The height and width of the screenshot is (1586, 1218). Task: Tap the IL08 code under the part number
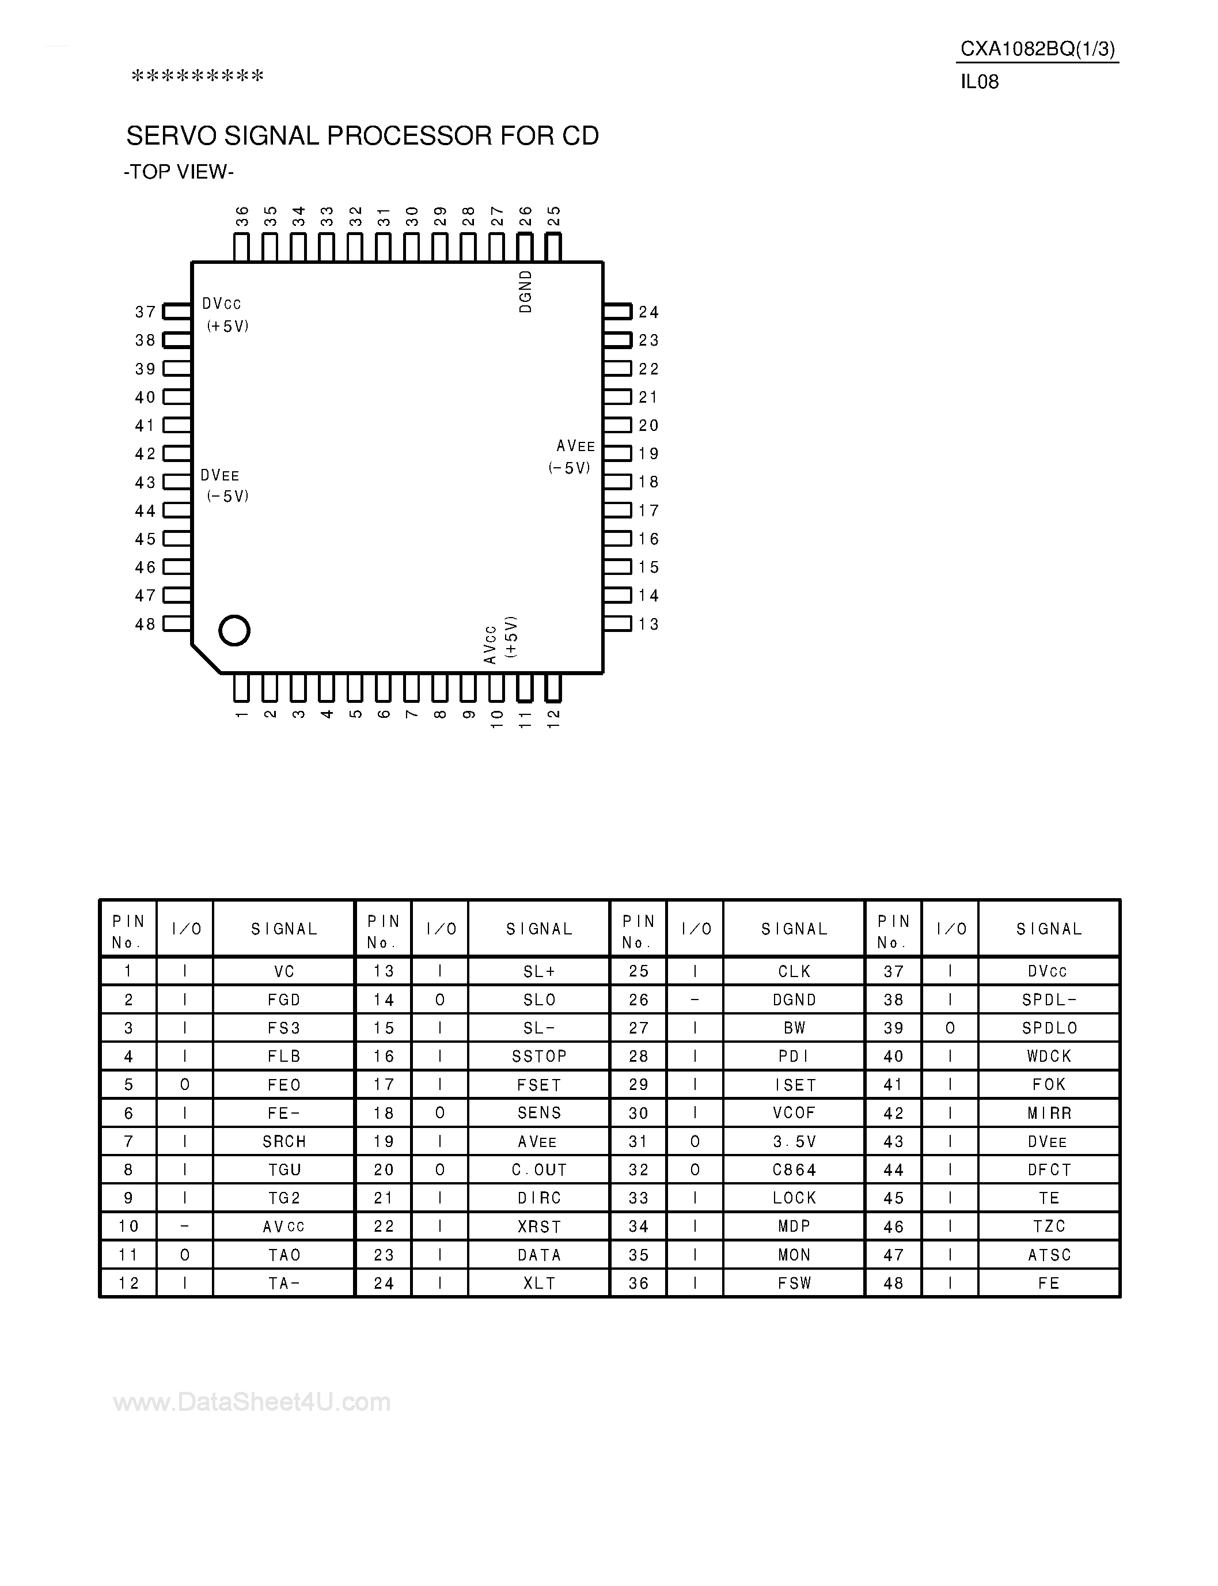point(980,82)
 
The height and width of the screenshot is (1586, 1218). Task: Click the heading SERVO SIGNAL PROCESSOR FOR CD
point(362,135)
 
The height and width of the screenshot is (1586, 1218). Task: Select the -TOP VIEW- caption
point(179,172)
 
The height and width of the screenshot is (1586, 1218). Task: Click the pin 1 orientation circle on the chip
point(234,630)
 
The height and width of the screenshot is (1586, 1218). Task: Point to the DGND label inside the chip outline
point(526,292)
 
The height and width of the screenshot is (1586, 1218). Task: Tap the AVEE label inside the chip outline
point(576,446)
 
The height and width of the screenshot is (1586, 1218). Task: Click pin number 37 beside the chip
point(146,312)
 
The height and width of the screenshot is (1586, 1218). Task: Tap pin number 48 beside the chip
point(146,624)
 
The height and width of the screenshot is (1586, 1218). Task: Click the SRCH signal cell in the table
point(284,1141)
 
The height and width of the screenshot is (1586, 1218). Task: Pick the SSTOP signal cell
point(540,1057)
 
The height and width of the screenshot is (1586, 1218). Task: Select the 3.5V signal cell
point(795,1141)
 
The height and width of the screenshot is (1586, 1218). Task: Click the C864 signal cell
point(795,1169)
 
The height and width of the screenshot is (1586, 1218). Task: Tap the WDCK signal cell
point(1049,1057)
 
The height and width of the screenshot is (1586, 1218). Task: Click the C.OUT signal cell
point(540,1169)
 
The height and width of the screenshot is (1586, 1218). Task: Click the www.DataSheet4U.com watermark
point(252,1402)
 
